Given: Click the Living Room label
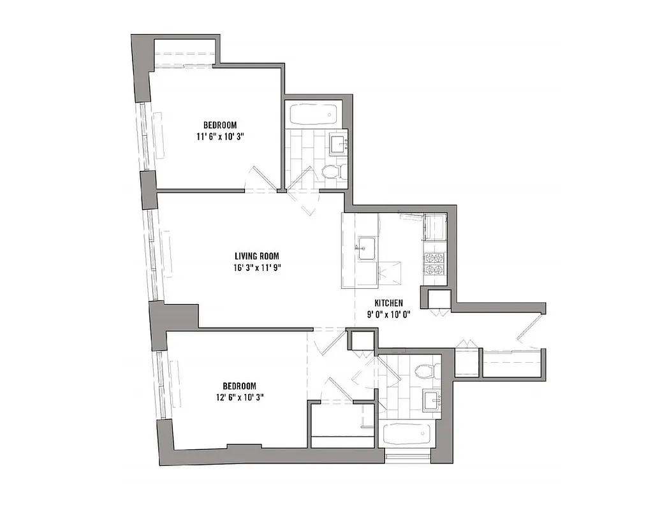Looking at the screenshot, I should tap(256, 256).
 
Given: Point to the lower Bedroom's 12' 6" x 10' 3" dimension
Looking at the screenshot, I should tap(239, 397).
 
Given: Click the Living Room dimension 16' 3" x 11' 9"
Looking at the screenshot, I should tap(256, 268).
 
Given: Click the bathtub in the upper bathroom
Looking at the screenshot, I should tap(313, 115).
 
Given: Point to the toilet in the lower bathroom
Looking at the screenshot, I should tap(424, 371).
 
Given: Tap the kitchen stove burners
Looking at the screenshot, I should tap(434, 264).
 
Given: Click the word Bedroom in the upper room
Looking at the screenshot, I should tap(221, 125).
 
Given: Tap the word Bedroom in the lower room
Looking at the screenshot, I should tap(239, 386).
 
